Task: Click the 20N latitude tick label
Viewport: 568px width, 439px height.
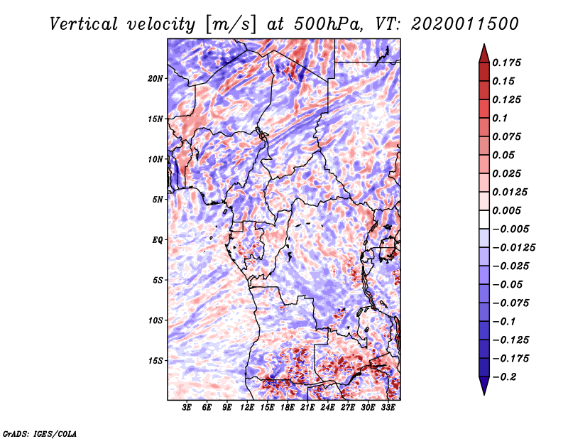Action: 156,78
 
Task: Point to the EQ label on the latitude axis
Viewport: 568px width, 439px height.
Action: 158,239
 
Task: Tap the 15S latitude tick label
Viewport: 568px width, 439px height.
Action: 156,360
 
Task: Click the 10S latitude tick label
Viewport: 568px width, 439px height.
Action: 156,320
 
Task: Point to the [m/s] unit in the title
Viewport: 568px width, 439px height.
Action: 227,23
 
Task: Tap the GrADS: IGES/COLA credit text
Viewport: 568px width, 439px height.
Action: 39,433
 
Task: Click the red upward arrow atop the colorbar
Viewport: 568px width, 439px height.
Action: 484,52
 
